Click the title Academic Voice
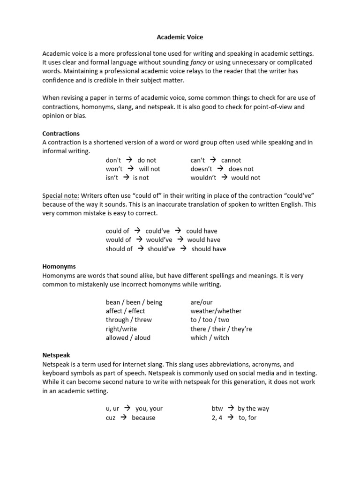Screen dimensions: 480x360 pos(180,37)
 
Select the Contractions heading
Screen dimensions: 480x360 pos(61,133)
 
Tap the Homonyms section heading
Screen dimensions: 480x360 pos(59,266)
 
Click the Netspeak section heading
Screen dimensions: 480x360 pos(56,355)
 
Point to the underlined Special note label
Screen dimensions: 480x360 pos(60,195)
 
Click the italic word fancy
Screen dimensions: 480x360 pos(198,62)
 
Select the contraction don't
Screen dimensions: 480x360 pos(113,160)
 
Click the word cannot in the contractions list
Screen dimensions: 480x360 pos(231,160)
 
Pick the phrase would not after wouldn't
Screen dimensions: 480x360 pos(246,178)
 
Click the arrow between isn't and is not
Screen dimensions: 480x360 pos(126,178)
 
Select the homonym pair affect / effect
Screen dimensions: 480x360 pos(125,311)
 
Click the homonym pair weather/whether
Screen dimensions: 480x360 pos(216,311)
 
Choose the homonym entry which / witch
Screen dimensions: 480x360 pos(210,337)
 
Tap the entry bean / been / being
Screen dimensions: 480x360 pos(134,302)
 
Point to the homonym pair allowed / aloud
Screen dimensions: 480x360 pos(128,337)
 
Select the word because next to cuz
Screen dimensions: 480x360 pos(143,417)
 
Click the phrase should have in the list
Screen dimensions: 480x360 pos(209,249)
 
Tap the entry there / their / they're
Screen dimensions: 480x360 pos(221,329)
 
